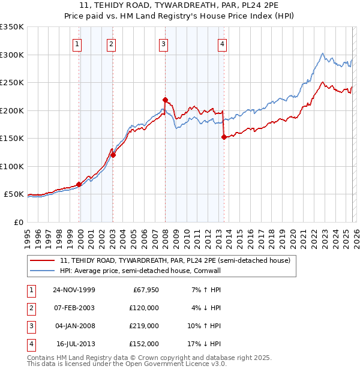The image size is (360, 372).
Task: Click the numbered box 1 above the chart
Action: [x=77, y=43]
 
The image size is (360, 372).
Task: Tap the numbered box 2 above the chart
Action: [x=112, y=43]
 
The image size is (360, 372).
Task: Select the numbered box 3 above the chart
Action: [x=164, y=43]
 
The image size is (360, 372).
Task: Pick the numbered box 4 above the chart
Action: [x=222, y=43]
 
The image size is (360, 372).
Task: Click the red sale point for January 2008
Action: [x=165, y=100]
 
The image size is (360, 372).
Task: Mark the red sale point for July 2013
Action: [x=224, y=137]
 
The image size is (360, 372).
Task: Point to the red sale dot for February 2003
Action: [x=113, y=155]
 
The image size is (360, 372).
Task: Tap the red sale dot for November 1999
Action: [x=79, y=184]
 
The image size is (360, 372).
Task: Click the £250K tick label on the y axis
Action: [x=11, y=83]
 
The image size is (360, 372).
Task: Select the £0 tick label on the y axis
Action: [x=18, y=223]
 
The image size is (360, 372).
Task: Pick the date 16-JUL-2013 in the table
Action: [x=74, y=344]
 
